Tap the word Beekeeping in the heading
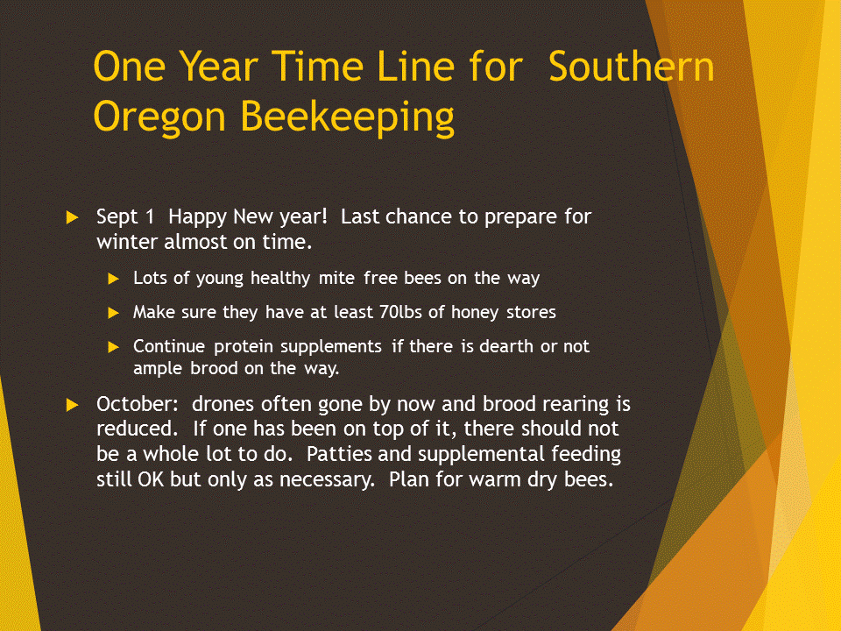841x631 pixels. point(347,117)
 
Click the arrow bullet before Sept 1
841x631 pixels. point(72,217)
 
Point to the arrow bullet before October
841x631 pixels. point(72,405)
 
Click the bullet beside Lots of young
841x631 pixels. point(113,279)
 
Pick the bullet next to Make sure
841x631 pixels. point(113,313)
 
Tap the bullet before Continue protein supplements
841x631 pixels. point(113,347)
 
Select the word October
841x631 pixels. point(138,404)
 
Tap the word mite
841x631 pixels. point(336,278)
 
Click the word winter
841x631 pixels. point(128,242)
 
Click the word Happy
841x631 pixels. point(198,217)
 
